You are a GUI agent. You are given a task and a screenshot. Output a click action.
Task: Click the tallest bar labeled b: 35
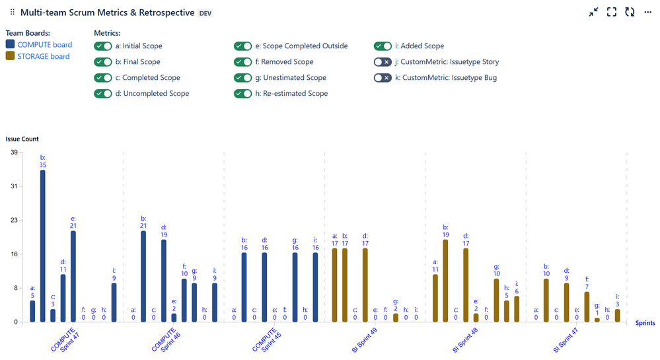tap(42, 246)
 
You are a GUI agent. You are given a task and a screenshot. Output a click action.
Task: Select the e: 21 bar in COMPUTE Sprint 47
tap(73, 276)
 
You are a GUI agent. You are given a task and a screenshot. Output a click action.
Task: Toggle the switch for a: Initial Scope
tap(102, 46)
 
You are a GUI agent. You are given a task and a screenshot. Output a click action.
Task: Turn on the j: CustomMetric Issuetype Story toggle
tap(382, 62)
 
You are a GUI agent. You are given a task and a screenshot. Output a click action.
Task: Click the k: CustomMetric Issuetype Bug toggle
tap(382, 78)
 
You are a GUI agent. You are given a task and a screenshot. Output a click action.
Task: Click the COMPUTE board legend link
tap(44, 45)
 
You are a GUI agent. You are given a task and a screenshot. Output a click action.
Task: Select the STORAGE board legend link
tap(43, 57)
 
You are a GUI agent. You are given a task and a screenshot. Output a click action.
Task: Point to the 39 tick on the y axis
tap(13, 153)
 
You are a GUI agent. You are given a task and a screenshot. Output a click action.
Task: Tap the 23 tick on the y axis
tap(13, 221)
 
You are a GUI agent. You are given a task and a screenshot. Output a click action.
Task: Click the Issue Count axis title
tap(22, 139)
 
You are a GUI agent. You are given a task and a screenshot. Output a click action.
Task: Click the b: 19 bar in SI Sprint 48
tap(445, 281)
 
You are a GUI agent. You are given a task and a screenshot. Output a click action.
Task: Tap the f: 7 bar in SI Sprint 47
tap(587, 306)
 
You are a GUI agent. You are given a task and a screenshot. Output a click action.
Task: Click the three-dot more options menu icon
tap(647, 13)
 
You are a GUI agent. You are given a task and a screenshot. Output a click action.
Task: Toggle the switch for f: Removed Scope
tap(242, 62)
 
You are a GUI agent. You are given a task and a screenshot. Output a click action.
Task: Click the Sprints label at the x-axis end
tap(645, 323)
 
